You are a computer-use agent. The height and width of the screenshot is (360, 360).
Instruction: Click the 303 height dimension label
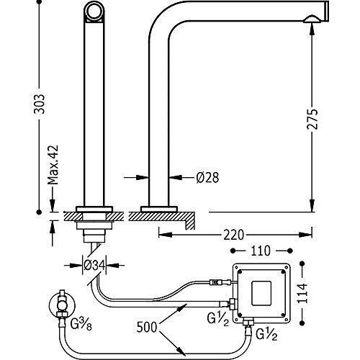(40, 104)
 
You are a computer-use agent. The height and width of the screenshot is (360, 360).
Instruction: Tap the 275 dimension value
(312, 120)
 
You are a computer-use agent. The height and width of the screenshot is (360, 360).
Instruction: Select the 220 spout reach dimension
(234, 235)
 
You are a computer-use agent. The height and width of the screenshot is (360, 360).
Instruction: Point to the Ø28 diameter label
(207, 178)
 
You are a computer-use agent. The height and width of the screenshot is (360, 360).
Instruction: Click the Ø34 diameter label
(94, 265)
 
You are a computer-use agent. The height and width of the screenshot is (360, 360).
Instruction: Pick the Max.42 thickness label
(53, 164)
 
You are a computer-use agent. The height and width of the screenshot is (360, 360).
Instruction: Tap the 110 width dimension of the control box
(261, 251)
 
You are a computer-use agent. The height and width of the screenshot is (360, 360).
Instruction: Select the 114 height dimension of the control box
(302, 293)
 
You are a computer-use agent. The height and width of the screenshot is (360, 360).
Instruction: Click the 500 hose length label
(147, 327)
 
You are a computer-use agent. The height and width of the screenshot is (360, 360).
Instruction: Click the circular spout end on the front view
(94, 12)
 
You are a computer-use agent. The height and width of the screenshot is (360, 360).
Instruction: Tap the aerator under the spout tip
(310, 19)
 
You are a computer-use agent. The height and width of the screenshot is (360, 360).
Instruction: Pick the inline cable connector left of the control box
(217, 282)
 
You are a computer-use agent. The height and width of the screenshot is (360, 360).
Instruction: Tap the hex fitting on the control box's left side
(232, 304)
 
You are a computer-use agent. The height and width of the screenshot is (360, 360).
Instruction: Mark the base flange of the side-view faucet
(159, 209)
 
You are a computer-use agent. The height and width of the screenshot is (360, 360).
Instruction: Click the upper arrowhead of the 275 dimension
(312, 29)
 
